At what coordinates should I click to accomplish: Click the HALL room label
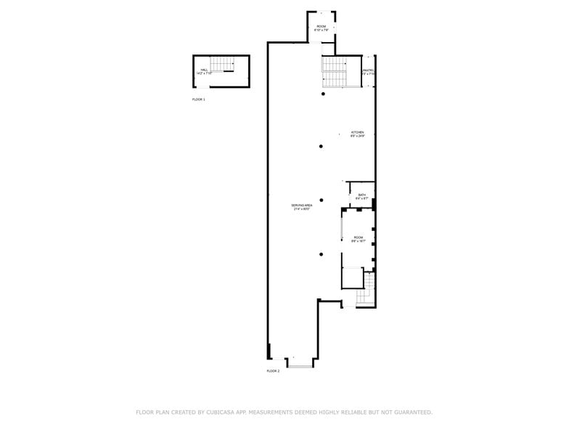click(203, 70)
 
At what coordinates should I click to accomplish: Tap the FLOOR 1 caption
click(198, 99)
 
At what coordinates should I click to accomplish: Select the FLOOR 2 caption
click(273, 371)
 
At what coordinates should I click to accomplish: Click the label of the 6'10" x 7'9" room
click(322, 27)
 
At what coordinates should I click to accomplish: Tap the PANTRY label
click(368, 70)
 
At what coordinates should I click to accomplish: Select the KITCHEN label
click(357, 132)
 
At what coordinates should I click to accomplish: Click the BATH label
click(361, 195)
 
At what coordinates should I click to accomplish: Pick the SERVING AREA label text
click(302, 206)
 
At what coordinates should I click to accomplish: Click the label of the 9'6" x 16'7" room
click(358, 237)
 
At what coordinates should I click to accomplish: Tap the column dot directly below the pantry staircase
click(324, 94)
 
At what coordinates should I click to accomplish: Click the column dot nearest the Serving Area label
click(322, 200)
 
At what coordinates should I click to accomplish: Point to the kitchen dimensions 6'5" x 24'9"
click(357, 136)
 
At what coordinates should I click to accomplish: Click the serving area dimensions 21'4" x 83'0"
click(302, 209)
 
